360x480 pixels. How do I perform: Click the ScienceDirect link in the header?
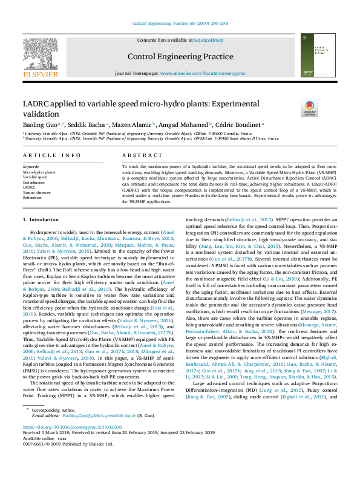click(208, 40)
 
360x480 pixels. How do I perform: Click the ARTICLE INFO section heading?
click(51, 155)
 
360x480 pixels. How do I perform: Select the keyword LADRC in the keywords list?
click(30, 187)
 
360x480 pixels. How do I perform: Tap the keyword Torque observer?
click(36, 192)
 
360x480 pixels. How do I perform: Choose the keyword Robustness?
click(33, 197)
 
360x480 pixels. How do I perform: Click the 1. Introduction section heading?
click(41, 219)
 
